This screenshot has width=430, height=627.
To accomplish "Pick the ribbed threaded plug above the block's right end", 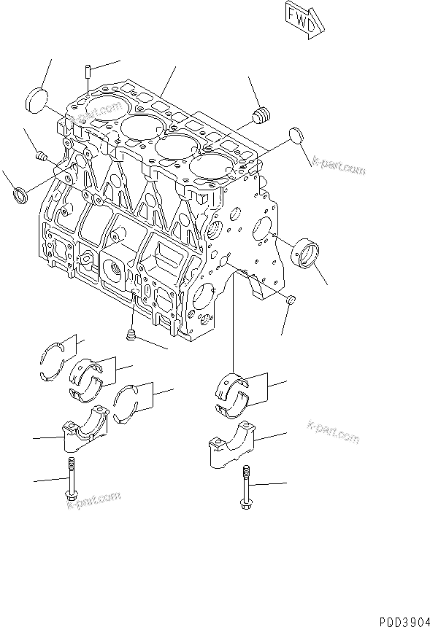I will (261, 114).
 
